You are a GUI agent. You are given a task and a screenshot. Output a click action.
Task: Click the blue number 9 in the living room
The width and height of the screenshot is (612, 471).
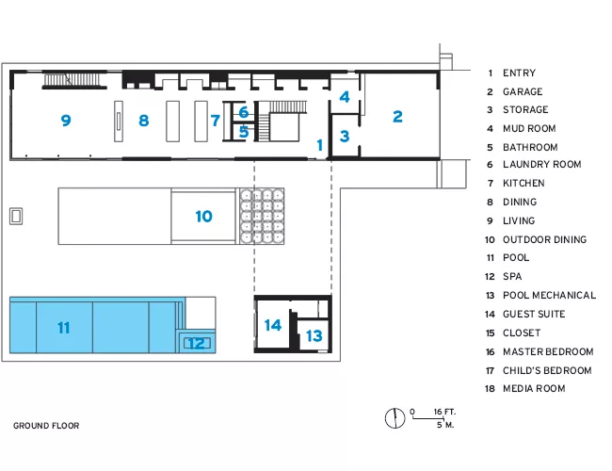click(66, 121)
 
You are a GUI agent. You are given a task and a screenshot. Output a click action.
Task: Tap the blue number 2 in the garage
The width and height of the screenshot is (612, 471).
click(397, 117)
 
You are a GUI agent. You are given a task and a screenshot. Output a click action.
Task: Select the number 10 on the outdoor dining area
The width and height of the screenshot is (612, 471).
click(203, 217)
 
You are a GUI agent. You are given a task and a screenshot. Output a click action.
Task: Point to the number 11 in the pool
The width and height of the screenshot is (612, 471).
click(64, 327)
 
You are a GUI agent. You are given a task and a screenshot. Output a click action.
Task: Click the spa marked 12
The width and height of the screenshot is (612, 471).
click(197, 343)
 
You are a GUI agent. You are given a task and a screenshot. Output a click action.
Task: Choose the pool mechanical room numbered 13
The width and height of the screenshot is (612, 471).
click(314, 335)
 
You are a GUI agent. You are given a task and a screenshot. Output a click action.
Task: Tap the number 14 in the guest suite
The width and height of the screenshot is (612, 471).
click(273, 325)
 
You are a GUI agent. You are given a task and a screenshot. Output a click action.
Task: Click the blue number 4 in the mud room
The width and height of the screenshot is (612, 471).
click(345, 97)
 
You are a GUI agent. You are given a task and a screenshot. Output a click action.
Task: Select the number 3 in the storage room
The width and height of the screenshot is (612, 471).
click(345, 137)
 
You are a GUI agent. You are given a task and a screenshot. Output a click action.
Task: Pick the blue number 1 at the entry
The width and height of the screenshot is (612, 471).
click(320, 145)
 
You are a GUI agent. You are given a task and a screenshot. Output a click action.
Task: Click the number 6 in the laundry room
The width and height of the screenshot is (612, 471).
click(244, 112)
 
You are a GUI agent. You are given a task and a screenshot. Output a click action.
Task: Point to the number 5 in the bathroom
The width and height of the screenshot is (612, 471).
click(244, 132)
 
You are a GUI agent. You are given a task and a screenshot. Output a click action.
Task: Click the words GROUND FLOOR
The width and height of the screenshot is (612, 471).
click(46, 426)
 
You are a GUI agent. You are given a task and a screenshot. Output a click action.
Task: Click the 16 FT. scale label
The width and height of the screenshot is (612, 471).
click(444, 412)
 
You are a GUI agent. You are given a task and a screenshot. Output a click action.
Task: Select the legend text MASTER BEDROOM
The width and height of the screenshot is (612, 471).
click(548, 352)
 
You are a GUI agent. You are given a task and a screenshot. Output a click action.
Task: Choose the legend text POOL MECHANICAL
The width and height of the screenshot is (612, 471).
click(549, 295)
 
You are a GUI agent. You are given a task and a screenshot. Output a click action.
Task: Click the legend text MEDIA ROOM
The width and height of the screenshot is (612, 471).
click(534, 389)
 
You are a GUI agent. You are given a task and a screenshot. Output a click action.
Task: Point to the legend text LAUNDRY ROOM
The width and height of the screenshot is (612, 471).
click(542, 165)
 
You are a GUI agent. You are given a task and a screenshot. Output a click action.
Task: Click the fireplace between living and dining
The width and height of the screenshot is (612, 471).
click(119, 122)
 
